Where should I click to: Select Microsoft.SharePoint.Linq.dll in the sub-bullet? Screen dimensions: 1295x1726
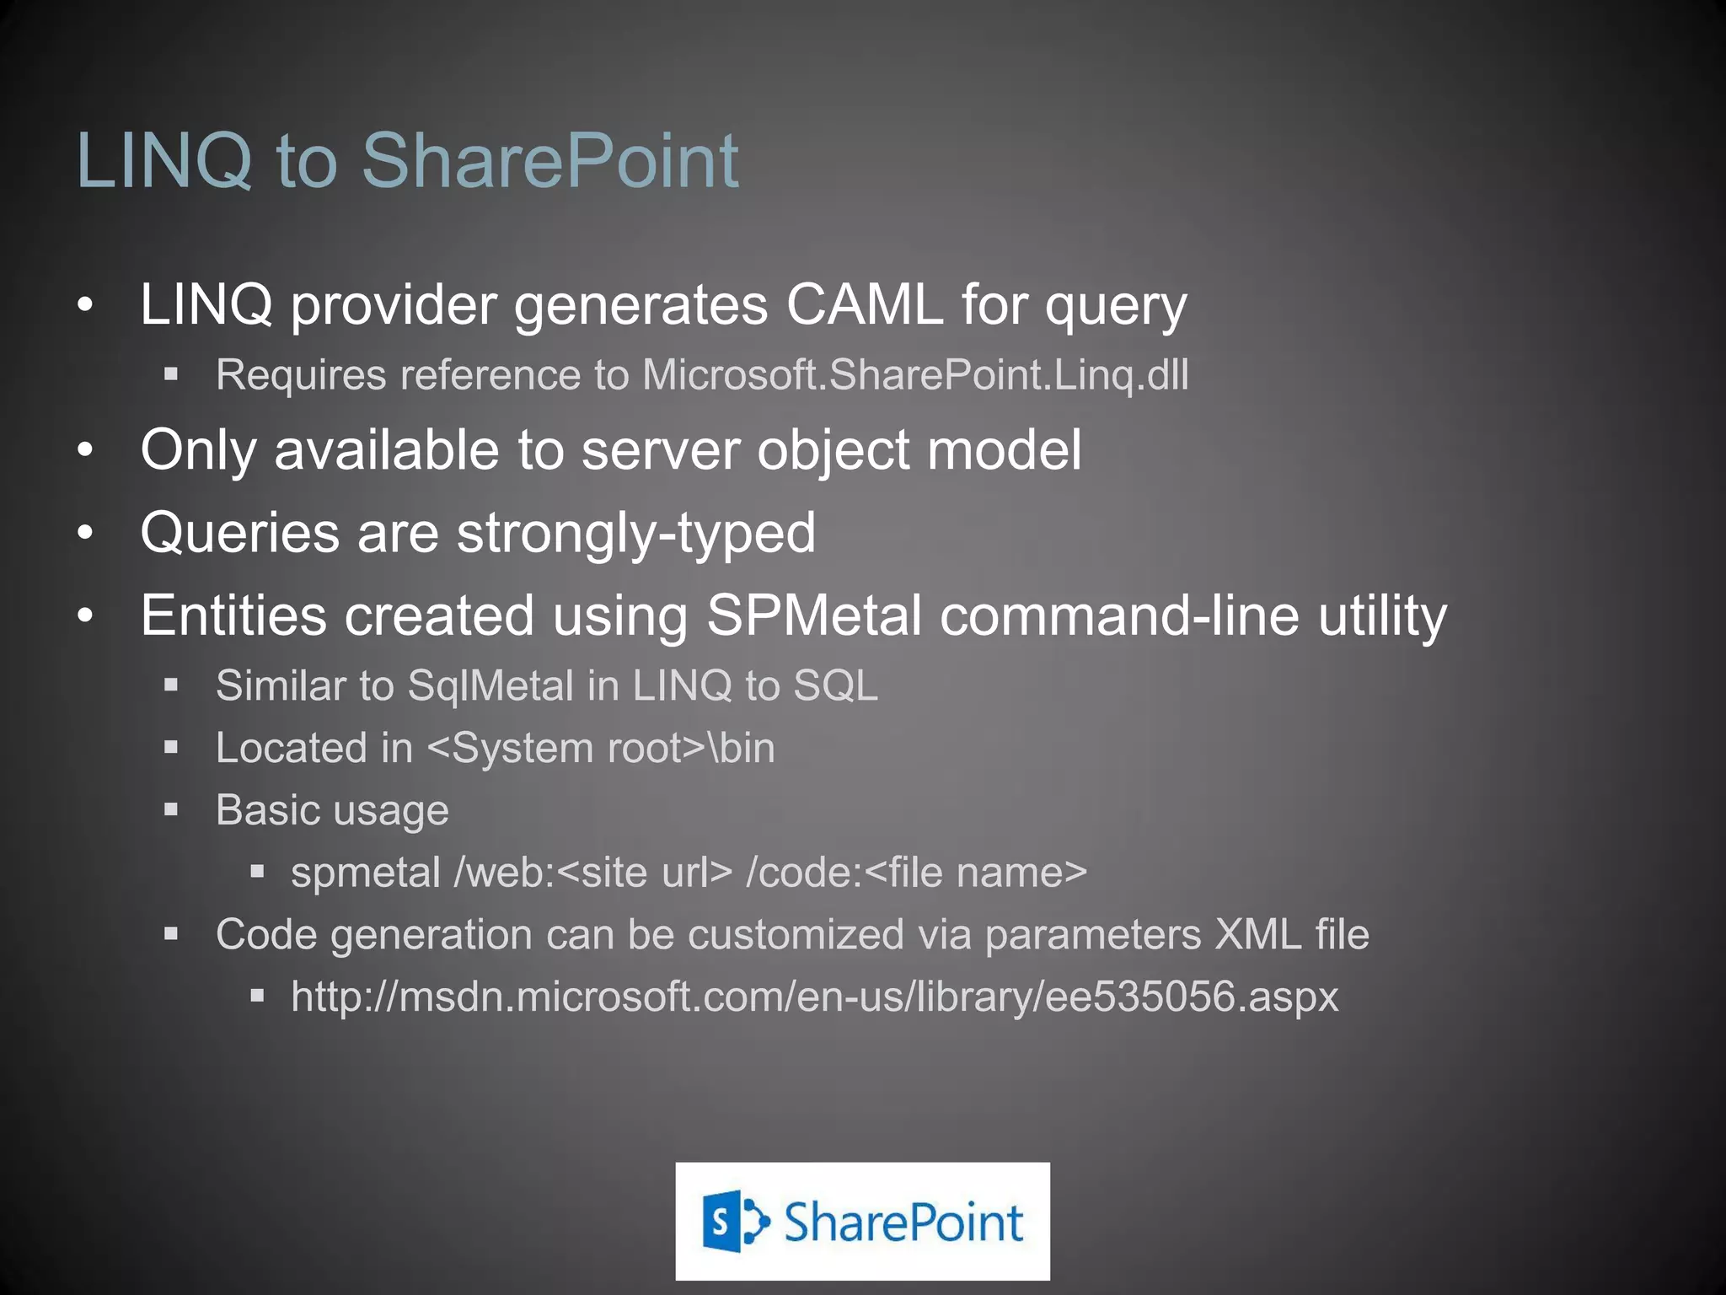point(915,374)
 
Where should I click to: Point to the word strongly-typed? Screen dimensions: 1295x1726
point(636,533)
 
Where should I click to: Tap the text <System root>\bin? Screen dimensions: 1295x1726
point(601,748)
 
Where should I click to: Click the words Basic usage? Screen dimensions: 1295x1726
point(332,810)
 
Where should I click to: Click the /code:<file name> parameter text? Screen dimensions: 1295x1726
point(917,873)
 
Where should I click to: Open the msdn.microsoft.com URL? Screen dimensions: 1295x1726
point(814,997)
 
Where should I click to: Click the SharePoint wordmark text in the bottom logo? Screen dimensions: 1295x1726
point(903,1222)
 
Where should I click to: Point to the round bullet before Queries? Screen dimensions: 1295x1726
point(85,533)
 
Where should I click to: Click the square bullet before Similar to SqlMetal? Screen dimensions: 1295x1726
point(171,685)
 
